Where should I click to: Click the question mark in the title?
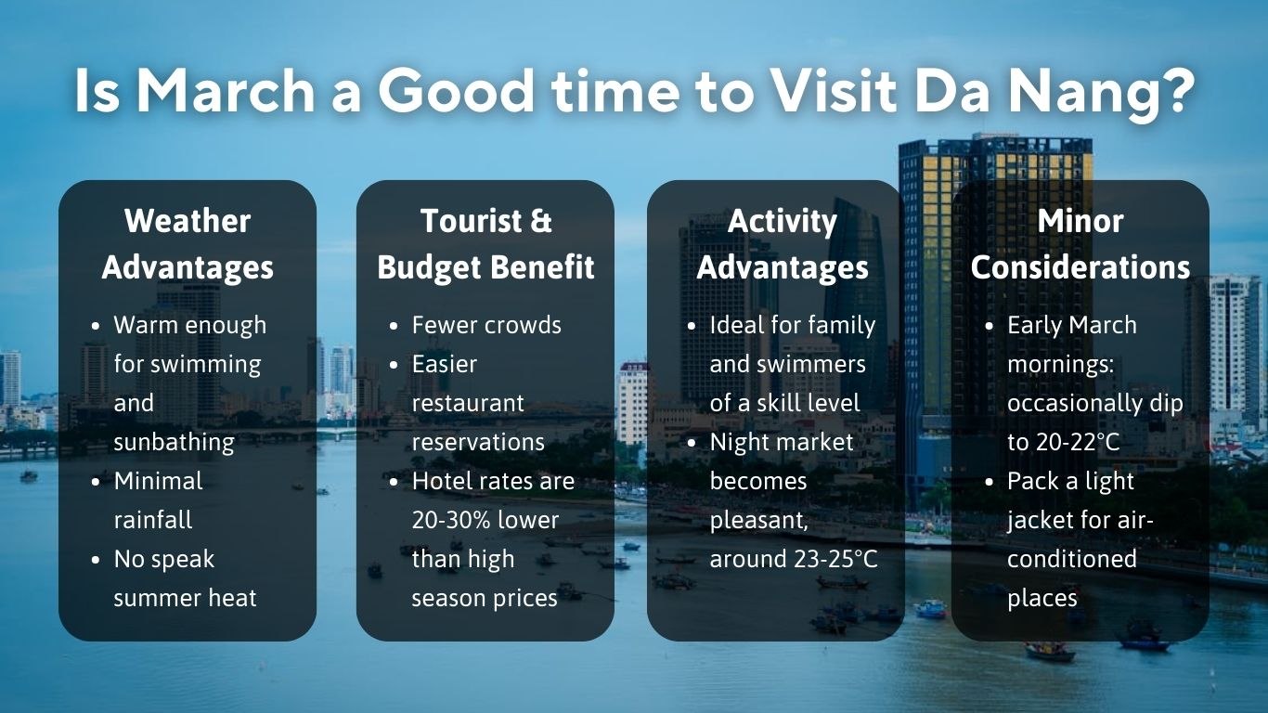[x=1175, y=91]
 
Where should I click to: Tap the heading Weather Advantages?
[x=188, y=244]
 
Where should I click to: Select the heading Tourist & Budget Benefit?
[x=485, y=244]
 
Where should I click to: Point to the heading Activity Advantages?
[x=783, y=244]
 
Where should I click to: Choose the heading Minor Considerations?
[x=1080, y=244]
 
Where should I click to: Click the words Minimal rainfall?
[x=158, y=500]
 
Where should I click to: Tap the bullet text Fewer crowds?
[x=486, y=325]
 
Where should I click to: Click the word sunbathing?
[x=174, y=442]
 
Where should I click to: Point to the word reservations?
[x=478, y=442]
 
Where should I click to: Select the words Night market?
[x=781, y=442]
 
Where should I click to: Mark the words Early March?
[x=1071, y=325]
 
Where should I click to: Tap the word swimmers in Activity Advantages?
[x=787, y=364]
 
